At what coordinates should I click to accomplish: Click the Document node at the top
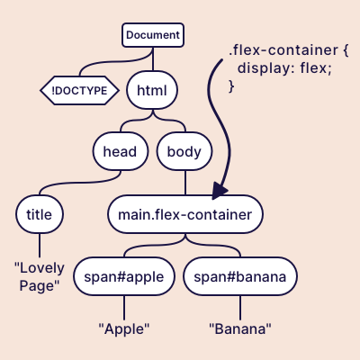click(153, 35)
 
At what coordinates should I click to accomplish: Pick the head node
click(120, 151)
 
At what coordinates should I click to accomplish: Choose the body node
click(185, 151)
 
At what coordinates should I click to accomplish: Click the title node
click(40, 214)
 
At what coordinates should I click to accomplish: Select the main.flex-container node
click(185, 214)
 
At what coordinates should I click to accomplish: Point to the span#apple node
click(124, 276)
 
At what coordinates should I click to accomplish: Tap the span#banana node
click(240, 276)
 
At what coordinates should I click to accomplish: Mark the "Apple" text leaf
click(124, 328)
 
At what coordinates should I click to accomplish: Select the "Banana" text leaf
click(240, 328)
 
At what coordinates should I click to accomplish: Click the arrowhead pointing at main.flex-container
click(218, 190)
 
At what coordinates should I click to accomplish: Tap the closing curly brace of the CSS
click(231, 85)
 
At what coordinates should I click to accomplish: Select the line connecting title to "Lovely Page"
click(40, 246)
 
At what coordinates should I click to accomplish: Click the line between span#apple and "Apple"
click(124, 307)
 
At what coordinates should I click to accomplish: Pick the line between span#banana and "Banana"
click(240, 307)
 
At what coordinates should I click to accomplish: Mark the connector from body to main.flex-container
click(185, 183)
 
